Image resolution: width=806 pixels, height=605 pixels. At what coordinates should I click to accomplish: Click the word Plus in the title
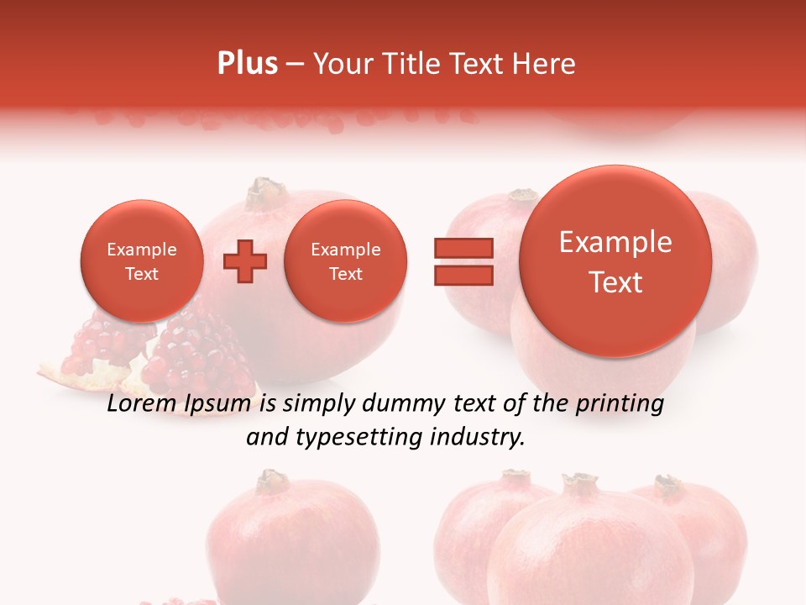(x=247, y=64)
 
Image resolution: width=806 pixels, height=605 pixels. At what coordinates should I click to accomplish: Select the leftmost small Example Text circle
(x=141, y=261)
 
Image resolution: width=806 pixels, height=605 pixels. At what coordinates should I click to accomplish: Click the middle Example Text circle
(x=345, y=261)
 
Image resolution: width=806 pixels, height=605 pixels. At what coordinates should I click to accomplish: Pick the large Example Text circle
(x=615, y=261)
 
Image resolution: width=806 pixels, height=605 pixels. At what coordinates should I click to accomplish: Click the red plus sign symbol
(x=244, y=261)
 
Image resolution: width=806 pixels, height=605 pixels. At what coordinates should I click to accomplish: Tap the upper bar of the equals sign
(x=463, y=248)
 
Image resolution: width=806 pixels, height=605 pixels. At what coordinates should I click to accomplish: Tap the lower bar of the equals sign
(x=463, y=275)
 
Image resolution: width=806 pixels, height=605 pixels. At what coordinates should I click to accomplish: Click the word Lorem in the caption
(x=141, y=404)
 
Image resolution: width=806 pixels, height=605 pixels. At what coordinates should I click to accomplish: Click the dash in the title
(x=295, y=65)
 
